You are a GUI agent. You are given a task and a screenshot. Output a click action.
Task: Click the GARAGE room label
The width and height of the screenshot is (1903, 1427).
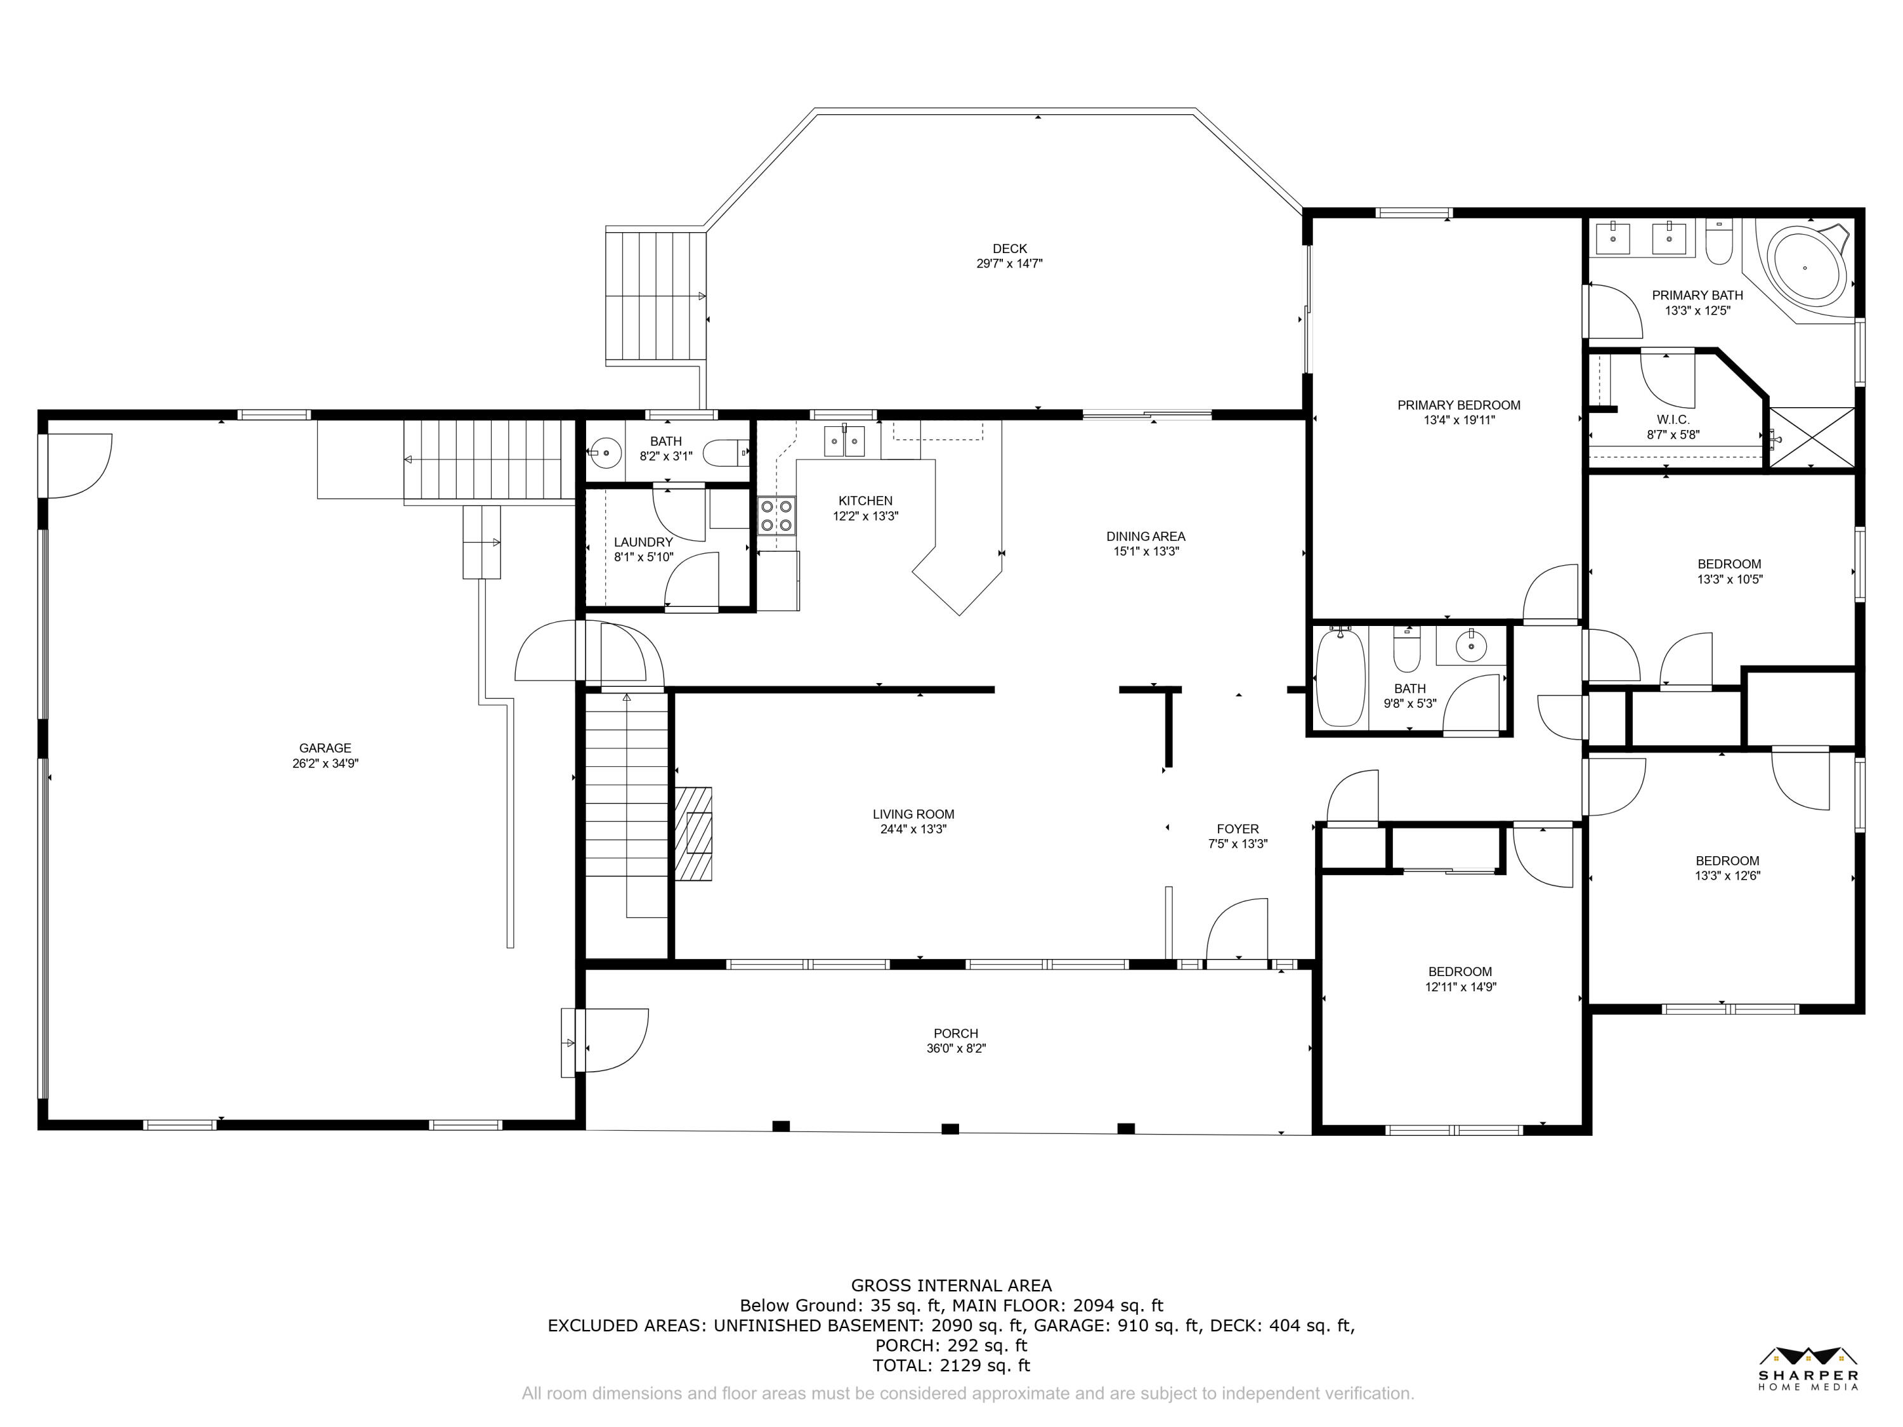[325, 748]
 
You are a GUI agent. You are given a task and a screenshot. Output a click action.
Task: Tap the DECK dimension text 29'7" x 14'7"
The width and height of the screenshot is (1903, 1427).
[1009, 264]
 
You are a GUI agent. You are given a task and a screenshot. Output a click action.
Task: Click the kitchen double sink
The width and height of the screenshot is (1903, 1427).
[844, 440]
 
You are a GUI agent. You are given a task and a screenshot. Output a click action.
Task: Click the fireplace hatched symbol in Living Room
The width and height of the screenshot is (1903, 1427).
[693, 833]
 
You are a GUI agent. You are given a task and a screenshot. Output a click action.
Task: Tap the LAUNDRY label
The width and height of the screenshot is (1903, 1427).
[643, 542]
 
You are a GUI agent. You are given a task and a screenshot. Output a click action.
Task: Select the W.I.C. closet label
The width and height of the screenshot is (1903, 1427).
[1673, 420]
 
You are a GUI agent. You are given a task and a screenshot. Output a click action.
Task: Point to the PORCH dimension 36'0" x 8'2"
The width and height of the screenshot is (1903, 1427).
[956, 1048]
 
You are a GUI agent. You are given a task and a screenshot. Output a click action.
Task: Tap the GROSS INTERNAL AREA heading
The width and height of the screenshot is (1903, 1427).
[951, 1285]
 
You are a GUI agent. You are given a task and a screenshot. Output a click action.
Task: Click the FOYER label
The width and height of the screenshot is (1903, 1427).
[1238, 829]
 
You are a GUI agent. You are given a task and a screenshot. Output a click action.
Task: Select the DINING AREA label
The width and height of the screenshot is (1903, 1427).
[1146, 537]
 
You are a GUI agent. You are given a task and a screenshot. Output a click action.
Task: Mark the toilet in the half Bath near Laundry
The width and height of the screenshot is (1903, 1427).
[725, 452]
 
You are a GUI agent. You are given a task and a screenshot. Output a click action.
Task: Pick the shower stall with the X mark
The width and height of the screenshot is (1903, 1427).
[1812, 438]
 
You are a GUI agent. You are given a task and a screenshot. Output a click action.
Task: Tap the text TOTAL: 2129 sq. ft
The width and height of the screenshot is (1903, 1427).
[951, 1365]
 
